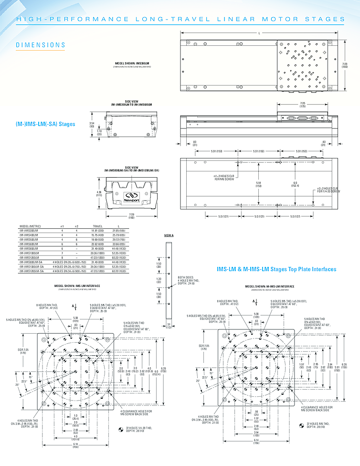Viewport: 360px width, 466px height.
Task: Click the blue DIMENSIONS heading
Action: [41, 45]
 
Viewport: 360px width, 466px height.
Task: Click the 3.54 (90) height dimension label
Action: [92, 126]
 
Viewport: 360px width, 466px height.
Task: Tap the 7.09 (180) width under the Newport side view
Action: [131, 216]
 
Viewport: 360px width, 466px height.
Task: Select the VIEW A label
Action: [169, 235]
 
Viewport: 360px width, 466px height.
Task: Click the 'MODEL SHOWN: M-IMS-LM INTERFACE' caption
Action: [270, 286]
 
